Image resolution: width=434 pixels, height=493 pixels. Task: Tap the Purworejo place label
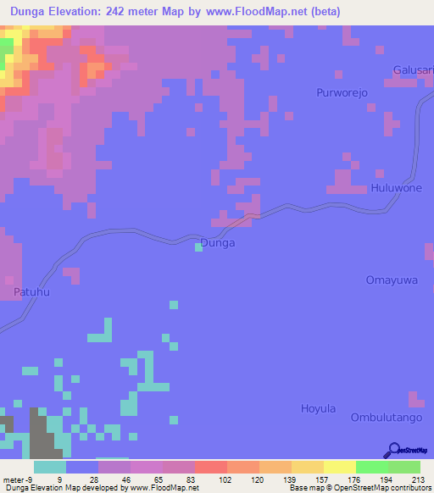coord(341,93)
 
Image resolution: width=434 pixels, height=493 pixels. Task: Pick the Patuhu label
coord(32,292)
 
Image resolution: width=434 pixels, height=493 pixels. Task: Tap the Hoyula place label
coord(319,408)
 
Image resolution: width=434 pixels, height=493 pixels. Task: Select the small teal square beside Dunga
coord(198,246)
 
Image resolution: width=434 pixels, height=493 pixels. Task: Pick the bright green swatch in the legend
coord(371,467)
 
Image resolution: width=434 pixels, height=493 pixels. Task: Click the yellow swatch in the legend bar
coord(339,467)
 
